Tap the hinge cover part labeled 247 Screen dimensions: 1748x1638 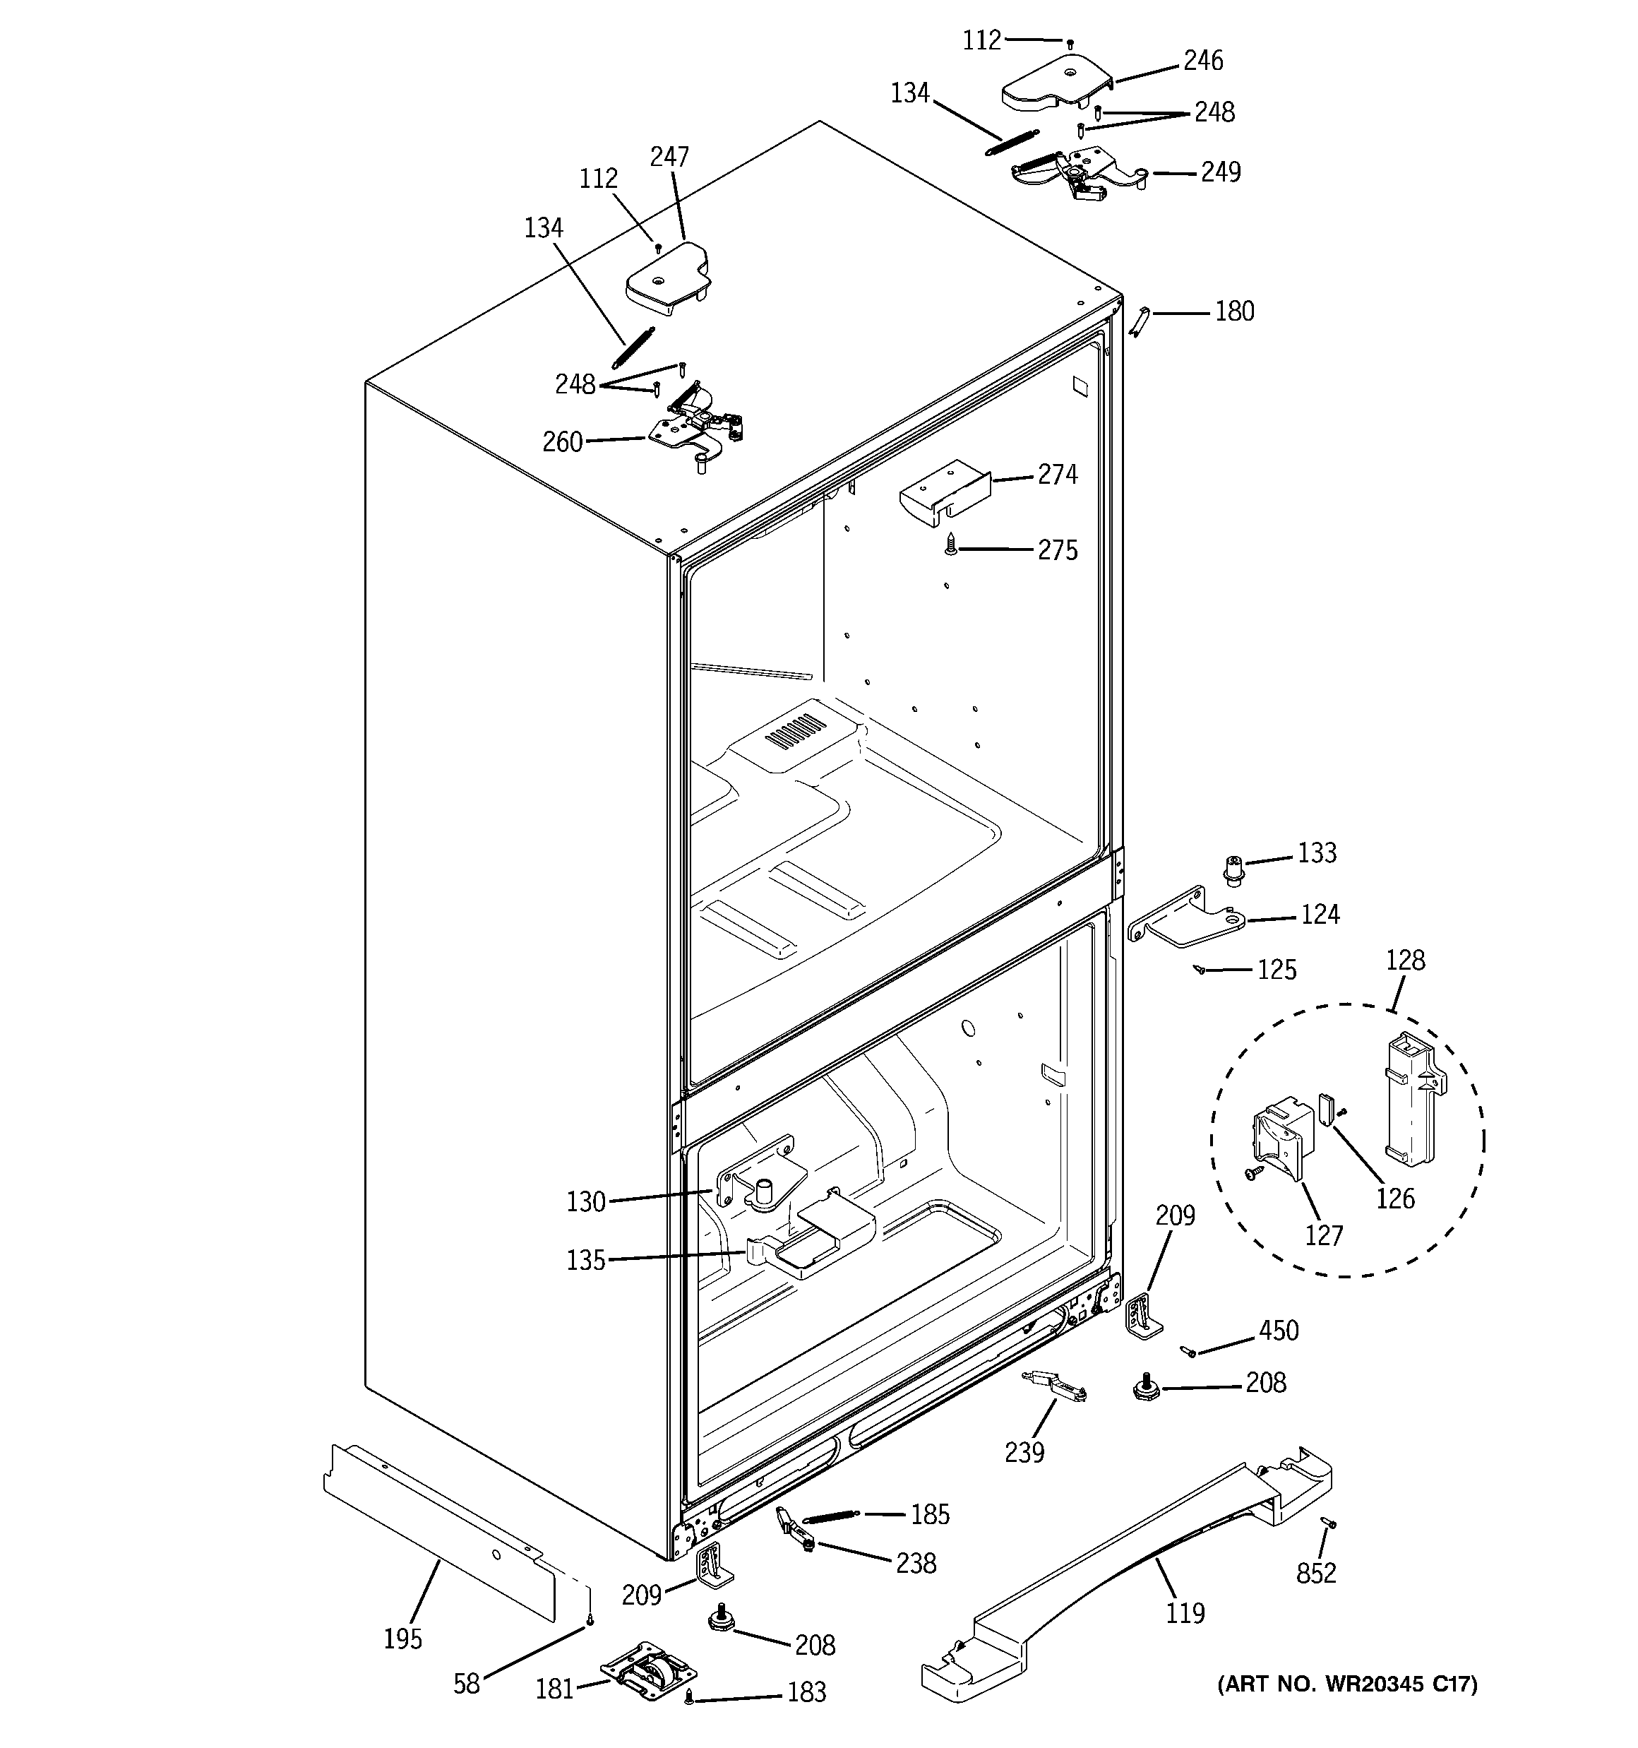tap(666, 280)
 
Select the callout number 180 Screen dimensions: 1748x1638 tap(1233, 311)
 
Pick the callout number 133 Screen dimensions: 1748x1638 tap(1316, 853)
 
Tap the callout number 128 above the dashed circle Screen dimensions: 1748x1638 tap(1404, 961)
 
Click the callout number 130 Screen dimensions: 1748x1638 tap(585, 1201)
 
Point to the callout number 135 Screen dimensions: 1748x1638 tap(585, 1260)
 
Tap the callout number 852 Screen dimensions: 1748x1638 tap(1315, 1573)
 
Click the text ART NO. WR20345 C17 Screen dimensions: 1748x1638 tap(1347, 1684)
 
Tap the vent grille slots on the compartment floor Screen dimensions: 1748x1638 tap(796, 730)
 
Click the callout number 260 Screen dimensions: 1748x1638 tap(563, 441)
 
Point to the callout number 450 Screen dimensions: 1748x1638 tap(1277, 1331)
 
